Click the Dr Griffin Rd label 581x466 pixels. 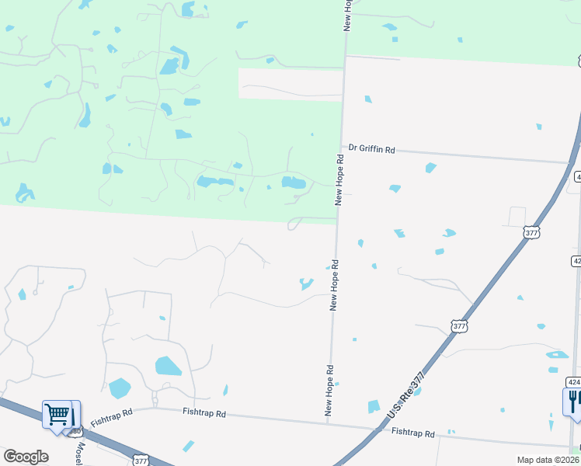(371, 148)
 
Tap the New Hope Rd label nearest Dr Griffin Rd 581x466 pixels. (339, 179)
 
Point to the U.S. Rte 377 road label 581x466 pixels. (409, 391)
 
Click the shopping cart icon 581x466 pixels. (57, 414)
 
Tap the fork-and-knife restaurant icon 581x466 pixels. (573, 401)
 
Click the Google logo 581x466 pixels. (26, 457)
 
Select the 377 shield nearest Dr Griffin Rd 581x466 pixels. (531, 231)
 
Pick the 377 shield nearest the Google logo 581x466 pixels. (140, 460)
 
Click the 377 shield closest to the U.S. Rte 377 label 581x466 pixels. (459, 326)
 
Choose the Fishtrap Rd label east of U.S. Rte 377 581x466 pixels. (412, 432)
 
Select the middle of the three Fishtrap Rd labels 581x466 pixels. (204, 414)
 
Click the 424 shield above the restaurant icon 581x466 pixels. (573, 382)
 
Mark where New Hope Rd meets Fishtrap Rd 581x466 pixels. (329, 423)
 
